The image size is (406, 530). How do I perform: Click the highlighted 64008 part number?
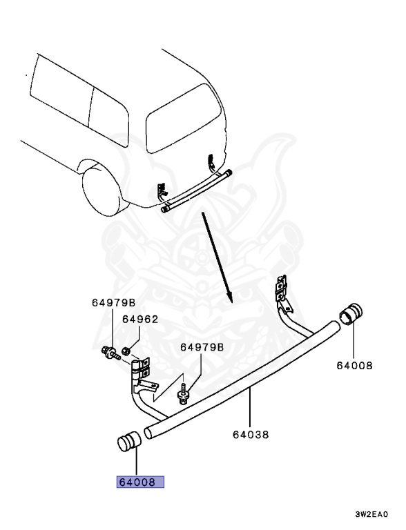pyautogui.click(x=139, y=482)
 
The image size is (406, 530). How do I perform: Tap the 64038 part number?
pyautogui.click(x=250, y=434)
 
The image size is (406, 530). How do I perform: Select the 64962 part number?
pyautogui.click(x=140, y=320)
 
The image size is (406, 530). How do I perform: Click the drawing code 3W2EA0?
pyautogui.click(x=371, y=514)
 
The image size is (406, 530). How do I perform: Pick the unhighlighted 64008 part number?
pyautogui.click(x=354, y=365)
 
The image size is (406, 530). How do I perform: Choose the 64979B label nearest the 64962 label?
pyautogui.click(x=113, y=302)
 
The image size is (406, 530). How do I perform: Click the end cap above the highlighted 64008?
pyautogui.click(x=128, y=440)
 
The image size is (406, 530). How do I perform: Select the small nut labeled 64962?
pyautogui.click(x=127, y=350)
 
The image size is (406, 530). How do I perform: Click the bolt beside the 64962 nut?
pyautogui.click(x=110, y=352)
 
